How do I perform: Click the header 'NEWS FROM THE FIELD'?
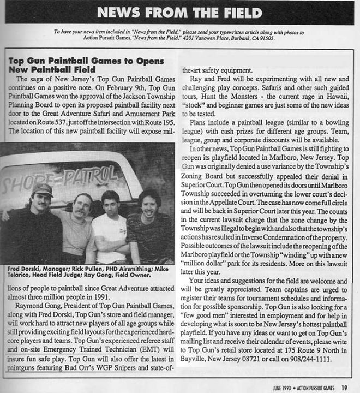[179, 12]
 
